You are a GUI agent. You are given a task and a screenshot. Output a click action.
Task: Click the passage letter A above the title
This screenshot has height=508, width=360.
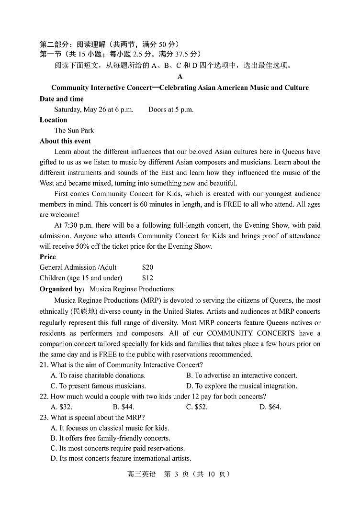coord(180,77)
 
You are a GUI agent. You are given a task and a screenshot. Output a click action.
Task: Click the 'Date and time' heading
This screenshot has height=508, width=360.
coord(61,99)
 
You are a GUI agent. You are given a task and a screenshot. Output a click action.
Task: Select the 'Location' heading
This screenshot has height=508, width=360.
coord(53,120)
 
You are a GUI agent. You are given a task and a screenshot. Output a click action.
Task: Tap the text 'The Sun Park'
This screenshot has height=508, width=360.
coord(74,131)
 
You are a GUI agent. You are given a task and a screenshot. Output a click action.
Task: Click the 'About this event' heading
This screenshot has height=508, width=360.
coord(65,141)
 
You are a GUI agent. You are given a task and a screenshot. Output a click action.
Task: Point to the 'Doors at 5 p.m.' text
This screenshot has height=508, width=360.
coord(171,110)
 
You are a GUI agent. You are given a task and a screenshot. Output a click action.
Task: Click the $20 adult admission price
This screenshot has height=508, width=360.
coord(147,267)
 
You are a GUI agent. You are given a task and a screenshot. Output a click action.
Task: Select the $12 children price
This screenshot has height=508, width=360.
coord(147,278)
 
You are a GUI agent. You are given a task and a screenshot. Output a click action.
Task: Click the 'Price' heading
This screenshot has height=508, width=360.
coord(48,257)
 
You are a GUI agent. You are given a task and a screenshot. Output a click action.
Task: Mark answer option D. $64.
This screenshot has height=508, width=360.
coord(270,407)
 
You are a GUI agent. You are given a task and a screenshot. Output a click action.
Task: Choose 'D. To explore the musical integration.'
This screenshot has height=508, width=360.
coord(241,386)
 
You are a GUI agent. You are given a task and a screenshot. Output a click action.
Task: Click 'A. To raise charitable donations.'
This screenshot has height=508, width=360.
coord(98,375)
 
